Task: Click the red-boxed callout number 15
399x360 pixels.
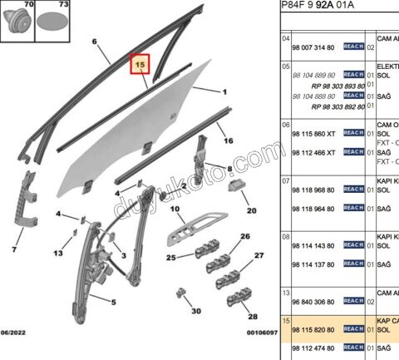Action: [140, 63]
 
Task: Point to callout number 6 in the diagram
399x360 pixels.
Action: [94, 41]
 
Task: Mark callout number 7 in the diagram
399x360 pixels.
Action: [15, 248]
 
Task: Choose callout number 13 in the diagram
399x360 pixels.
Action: [58, 254]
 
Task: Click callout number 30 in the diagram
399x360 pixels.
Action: [196, 311]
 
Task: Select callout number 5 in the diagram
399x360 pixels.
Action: [112, 303]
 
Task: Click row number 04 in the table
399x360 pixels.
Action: [285, 39]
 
